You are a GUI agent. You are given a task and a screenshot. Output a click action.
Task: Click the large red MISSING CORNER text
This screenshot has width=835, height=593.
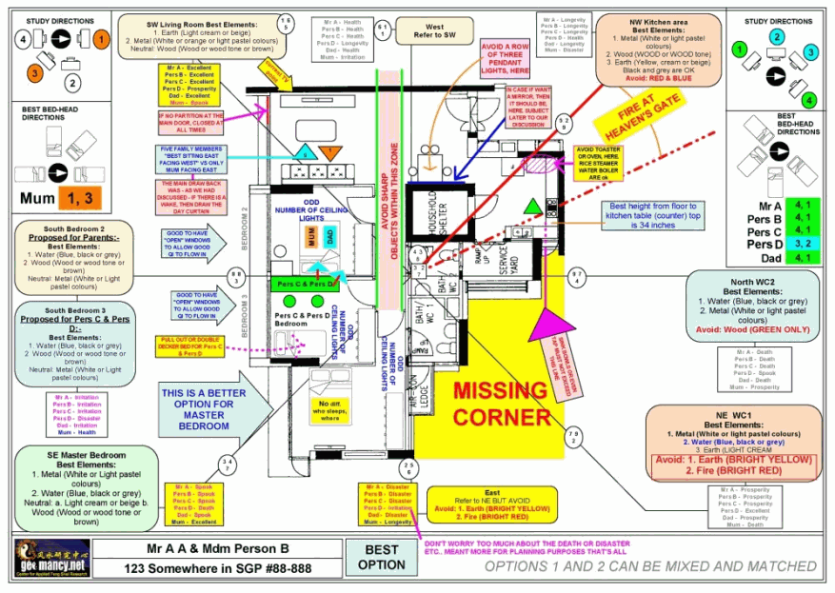(501, 404)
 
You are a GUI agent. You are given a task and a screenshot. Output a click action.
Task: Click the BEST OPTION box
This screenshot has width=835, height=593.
(381, 557)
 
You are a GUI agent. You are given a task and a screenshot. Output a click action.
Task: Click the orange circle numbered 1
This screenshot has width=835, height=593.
(102, 39)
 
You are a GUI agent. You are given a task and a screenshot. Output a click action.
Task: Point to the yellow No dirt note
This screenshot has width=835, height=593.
(330, 409)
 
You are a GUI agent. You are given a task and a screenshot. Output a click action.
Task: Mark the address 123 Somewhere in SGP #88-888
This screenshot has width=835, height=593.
(219, 568)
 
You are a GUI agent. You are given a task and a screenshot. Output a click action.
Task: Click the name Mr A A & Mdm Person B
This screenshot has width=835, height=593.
(219, 548)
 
